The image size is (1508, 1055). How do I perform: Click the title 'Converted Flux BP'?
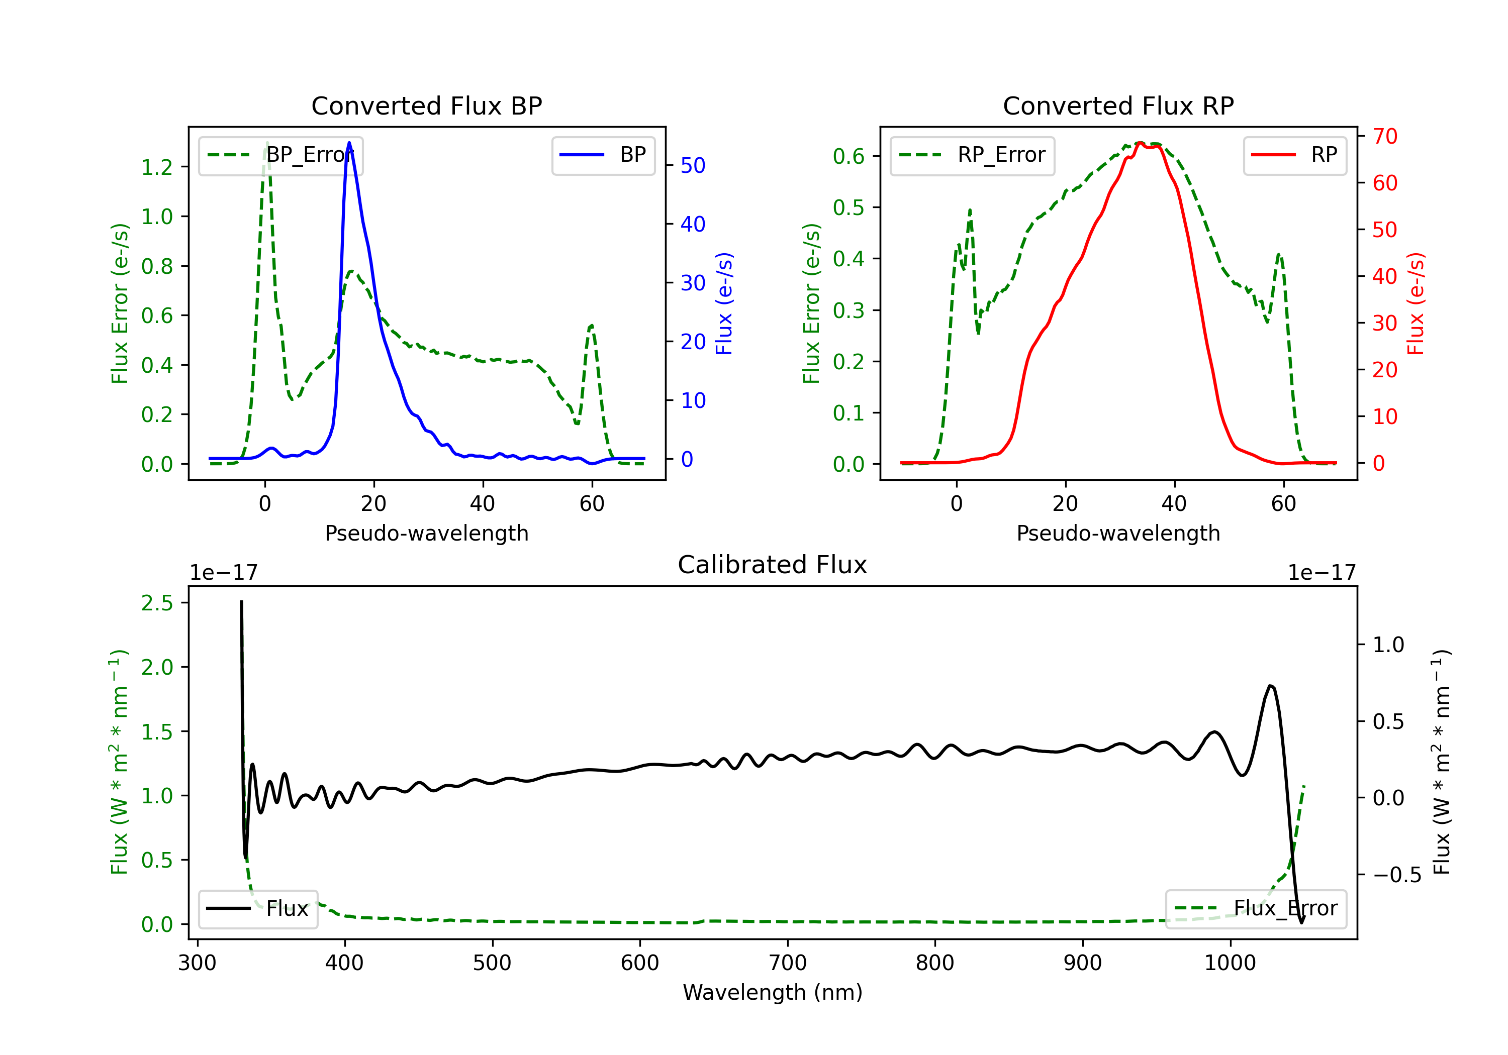click(x=426, y=105)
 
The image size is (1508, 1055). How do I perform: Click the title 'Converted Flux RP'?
click(x=1118, y=105)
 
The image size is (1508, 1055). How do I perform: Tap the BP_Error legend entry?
click(x=280, y=155)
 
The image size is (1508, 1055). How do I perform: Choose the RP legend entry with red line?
click(x=1294, y=155)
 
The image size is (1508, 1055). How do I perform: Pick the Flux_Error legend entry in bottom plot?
click(x=1255, y=909)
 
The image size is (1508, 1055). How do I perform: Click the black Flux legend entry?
click(x=257, y=909)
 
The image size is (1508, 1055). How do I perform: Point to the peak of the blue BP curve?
click(x=349, y=143)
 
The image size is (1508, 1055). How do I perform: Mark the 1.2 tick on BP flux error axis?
click(x=158, y=167)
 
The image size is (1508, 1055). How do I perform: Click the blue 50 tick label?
click(x=693, y=165)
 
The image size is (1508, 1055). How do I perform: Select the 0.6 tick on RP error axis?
click(x=849, y=156)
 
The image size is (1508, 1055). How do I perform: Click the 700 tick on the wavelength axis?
click(x=788, y=963)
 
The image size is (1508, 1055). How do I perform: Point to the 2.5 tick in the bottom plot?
click(x=158, y=603)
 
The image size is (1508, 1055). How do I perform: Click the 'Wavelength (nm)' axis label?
click(x=773, y=993)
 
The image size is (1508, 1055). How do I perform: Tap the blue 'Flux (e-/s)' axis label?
click(x=724, y=304)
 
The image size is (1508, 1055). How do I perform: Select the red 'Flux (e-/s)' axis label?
click(x=1416, y=304)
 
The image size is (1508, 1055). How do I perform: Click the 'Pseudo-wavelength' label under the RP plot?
click(x=1118, y=533)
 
